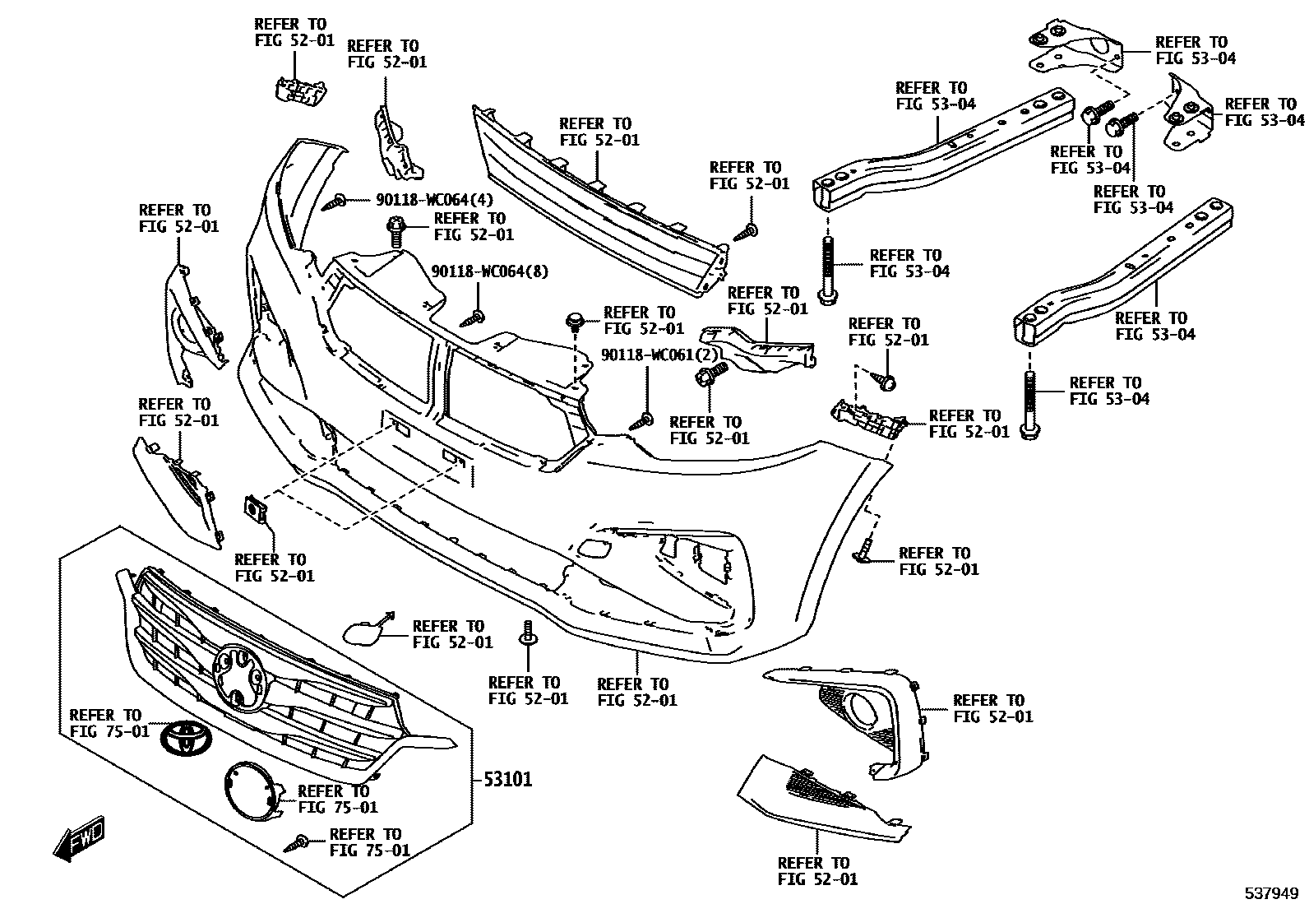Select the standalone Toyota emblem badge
(x=184, y=738)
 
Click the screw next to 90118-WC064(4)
(x=335, y=200)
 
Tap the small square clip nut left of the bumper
(x=257, y=511)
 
